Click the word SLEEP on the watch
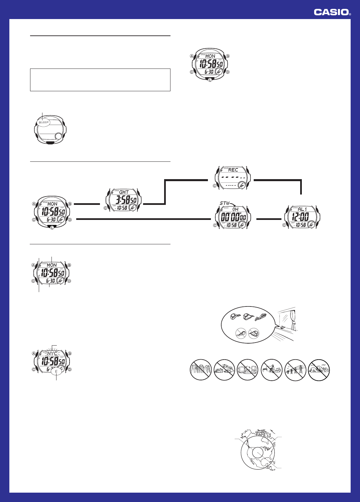coord(43,122)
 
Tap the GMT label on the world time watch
coord(124,192)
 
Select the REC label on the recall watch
coord(233,170)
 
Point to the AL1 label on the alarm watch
coord(302,209)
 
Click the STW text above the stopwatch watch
coord(225,203)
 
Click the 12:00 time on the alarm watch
coord(300,216)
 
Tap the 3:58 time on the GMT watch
coord(121,200)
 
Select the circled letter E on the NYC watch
coord(56,371)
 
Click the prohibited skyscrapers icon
coord(201,370)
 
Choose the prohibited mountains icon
coord(319,370)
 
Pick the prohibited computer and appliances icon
coord(248,370)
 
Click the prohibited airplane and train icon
coord(224,370)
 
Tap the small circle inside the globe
coord(258,453)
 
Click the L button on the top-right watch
coord(210,80)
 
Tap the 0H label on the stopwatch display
coord(235,210)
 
